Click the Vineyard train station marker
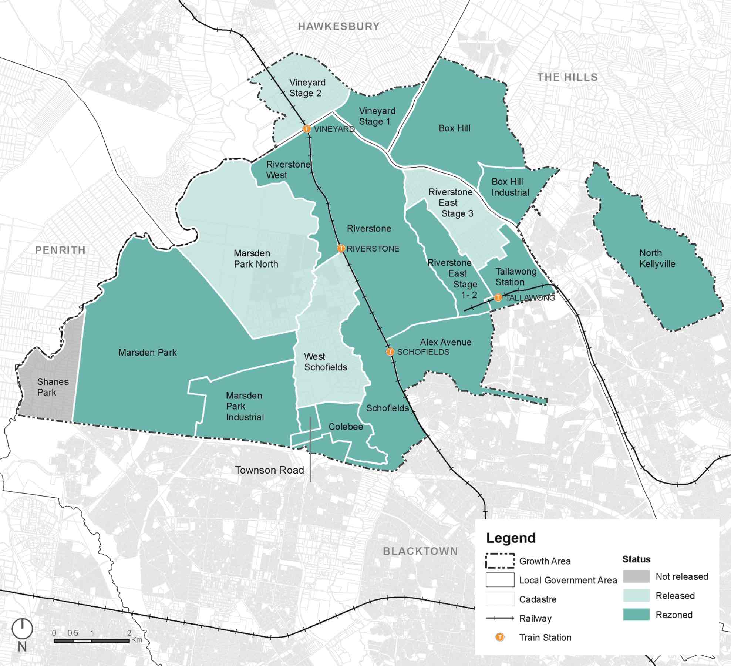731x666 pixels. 307,129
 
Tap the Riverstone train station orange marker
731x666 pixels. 341,248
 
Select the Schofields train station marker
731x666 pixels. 390,351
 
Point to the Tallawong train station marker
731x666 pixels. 498,297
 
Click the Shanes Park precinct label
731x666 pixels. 53,387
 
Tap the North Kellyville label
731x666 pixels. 657,258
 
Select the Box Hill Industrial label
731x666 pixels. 510,187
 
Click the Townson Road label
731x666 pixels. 269,470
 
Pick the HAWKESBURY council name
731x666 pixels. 339,27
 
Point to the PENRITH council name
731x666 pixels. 60,250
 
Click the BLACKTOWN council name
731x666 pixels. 420,551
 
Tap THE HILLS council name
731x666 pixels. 567,77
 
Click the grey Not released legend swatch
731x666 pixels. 636,576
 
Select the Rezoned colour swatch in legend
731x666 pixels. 636,615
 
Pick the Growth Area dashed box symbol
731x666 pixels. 500,561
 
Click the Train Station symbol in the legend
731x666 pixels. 500,637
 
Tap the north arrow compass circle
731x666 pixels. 22,628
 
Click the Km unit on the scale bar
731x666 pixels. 137,640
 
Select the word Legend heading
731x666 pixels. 511,538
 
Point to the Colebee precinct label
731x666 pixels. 346,427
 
